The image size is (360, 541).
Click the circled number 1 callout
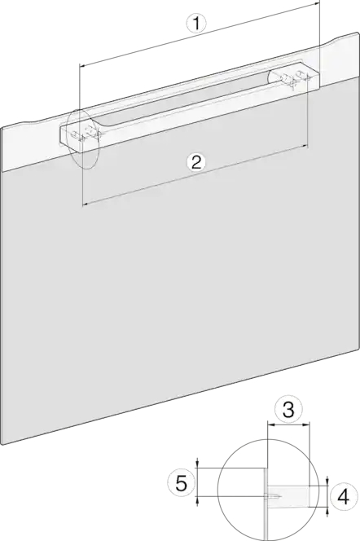click(196, 24)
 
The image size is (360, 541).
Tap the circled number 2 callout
click(195, 162)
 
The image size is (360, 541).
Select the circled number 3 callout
click(288, 410)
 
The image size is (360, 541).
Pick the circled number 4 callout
click(343, 498)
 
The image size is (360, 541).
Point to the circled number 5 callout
click(182, 483)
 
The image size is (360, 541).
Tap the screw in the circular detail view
click(274, 497)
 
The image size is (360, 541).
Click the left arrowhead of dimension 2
click(85, 205)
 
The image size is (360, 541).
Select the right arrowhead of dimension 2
click(305, 147)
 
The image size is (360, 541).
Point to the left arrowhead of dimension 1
click(81, 64)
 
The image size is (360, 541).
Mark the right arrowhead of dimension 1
click(318, 3)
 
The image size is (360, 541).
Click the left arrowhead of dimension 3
click(270, 426)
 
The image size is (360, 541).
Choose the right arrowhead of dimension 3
click(307, 426)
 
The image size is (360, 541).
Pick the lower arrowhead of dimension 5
click(197, 499)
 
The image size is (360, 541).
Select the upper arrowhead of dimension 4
click(327, 482)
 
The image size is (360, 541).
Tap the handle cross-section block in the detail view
click(289, 496)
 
